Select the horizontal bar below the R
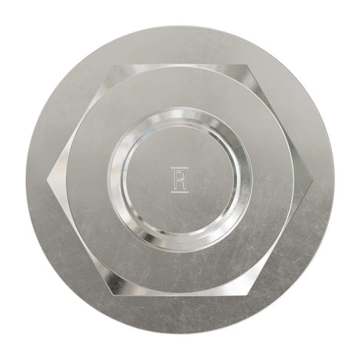(x=179, y=191)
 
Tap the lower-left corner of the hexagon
(x=113, y=293)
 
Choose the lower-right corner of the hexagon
(x=247, y=293)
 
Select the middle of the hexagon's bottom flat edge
(x=180, y=293)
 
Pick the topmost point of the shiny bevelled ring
(x=180, y=112)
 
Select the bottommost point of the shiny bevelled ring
(x=180, y=248)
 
